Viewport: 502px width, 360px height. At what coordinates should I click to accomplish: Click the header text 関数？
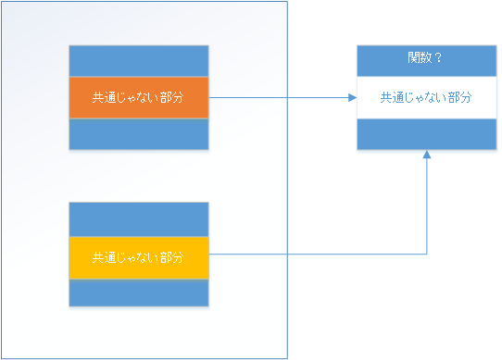pyautogui.click(x=425, y=58)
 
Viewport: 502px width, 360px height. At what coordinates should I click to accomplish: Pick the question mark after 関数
pyautogui.click(x=438, y=58)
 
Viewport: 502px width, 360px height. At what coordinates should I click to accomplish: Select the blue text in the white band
pyautogui.click(x=426, y=97)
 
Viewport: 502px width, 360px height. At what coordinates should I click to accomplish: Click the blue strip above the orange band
pyautogui.click(x=139, y=61)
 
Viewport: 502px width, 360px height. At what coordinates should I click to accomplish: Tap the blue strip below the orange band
pyautogui.click(x=139, y=133)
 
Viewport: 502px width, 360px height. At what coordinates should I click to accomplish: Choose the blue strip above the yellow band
pyautogui.click(x=139, y=219)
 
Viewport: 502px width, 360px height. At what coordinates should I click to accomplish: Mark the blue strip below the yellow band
pyautogui.click(x=139, y=292)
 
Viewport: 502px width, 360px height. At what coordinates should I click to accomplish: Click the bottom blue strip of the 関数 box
pyautogui.click(x=427, y=134)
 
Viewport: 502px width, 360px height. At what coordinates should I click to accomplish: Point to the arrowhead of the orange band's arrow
pyautogui.click(x=353, y=97)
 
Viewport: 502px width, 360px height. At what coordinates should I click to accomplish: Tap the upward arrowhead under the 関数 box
pyautogui.click(x=426, y=155)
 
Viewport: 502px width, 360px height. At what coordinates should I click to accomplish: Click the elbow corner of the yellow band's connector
pyautogui.click(x=426, y=253)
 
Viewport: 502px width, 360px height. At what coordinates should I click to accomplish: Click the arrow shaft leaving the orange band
pyautogui.click(x=278, y=97)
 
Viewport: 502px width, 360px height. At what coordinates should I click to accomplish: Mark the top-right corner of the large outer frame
pyautogui.click(x=287, y=2)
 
